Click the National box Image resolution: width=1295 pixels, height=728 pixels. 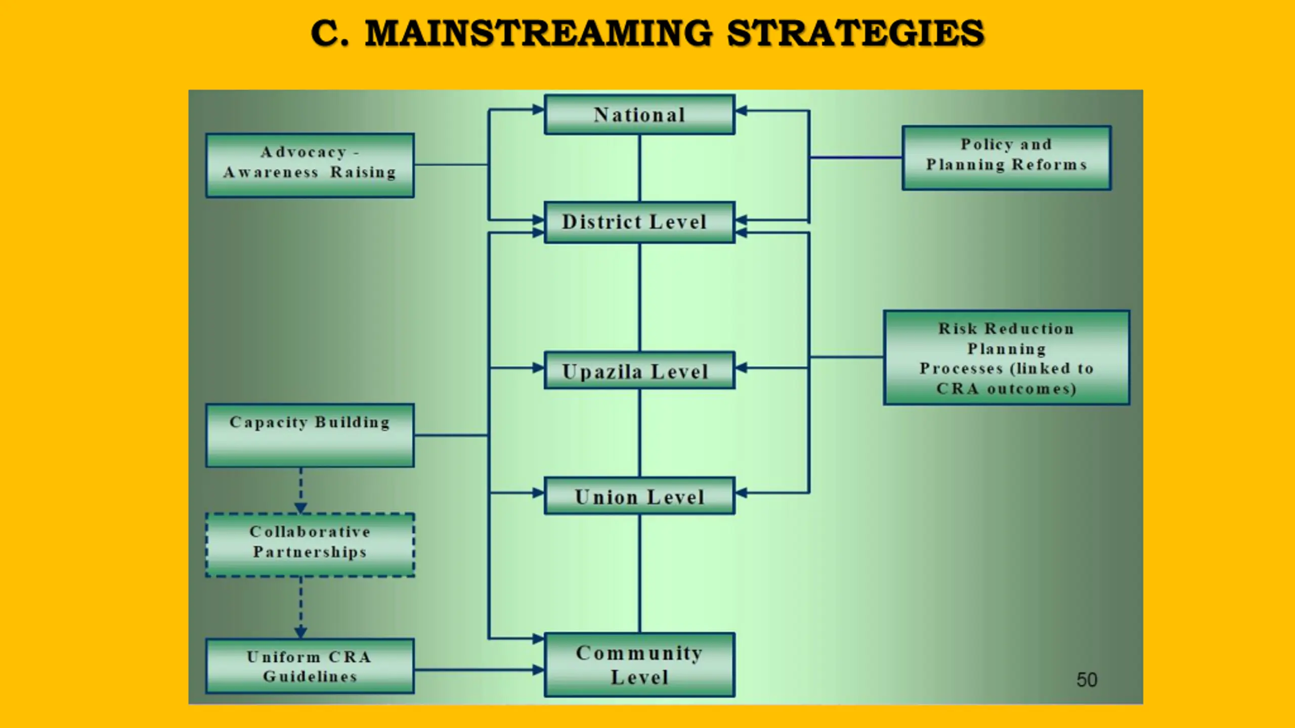pyautogui.click(x=639, y=115)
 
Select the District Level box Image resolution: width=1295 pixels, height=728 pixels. pyautogui.click(x=639, y=222)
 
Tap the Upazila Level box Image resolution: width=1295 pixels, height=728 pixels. pyautogui.click(x=639, y=371)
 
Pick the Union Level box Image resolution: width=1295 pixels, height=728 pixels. pyautogui.click(x=639, y=496)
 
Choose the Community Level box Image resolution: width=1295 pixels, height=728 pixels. pyautogui.click(x=639, y=665)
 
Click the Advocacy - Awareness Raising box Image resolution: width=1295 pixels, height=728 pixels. pyautogui.click(x=310, y=165)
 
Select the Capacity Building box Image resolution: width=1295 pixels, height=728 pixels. pyautogui.click(x=310, y=435)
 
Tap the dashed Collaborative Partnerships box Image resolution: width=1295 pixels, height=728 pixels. pyautogui.click(x=310, y=545)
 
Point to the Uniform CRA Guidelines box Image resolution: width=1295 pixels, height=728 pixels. pyautogui.click(x=310, y=666)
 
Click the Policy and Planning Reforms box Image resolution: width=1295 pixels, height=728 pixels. pyautogui.click(x=1006, y=158)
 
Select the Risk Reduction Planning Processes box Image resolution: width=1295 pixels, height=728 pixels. pyautogui.click(x=1006, y=357)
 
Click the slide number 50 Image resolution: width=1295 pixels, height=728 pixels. pyautogui.click(x=1087, y=680)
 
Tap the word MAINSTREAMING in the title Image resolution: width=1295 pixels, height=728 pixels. pyautogui.click(x=539, y=33)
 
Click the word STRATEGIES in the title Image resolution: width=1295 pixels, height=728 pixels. pyautogui.click(x=855, y=33)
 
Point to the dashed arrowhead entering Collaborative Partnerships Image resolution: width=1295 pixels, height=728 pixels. pyautogui.click(x=301, y=508)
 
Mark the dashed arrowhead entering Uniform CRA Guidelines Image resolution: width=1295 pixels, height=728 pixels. pyautogui.click(x=301, y=632)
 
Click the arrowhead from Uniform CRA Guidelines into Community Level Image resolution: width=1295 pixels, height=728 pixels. pyautogui.click(x=538, y=670)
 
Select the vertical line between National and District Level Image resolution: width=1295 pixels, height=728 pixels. pyautogui.click(x=640, y=168)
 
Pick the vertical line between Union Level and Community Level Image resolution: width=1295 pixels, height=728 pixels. pyautogui.click(x=640, y=573)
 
